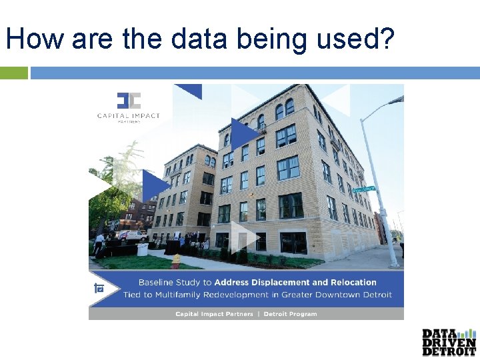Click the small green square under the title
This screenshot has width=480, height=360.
tap(13, 73)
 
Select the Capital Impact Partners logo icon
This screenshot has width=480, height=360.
tap(129, 101)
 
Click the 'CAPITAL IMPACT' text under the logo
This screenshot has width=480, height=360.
tap(129, 115)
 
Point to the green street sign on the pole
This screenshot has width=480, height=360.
tap(365, 191)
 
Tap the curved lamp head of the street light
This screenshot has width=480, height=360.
tap(395, 101)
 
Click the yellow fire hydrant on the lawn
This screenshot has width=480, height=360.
tap(175, 261)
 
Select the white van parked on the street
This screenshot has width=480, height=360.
tap(135, 235)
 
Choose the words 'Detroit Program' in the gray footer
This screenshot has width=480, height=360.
tap(291, 313)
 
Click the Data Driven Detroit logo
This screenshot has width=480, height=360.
tap(449, 342)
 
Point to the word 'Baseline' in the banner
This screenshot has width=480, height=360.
tap(159, 283)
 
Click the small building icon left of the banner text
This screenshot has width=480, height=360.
tap(99, 289)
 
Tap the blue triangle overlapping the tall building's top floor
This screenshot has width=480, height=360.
tap(244, 131)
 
